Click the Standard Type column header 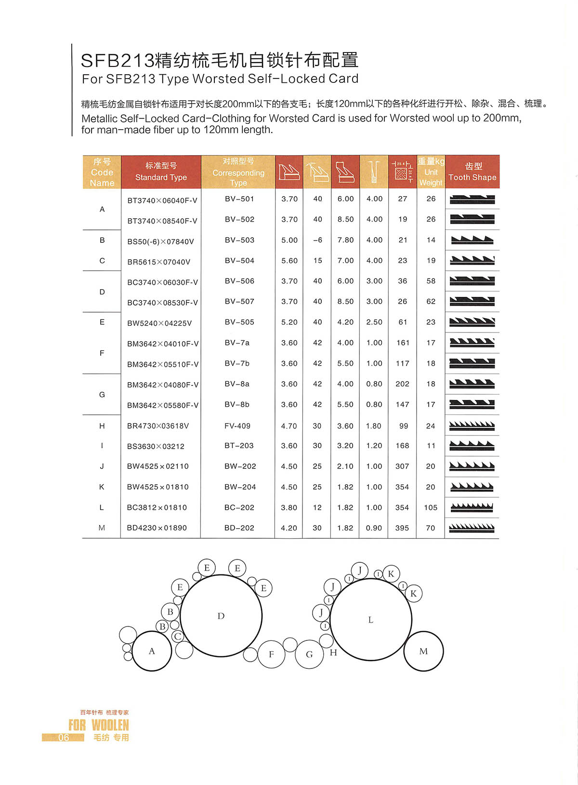[x=161, y=172]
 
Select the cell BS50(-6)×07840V [x=160, y=241]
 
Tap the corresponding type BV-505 [x=239, y=322]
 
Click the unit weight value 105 [x=431, y=507]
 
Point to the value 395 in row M [x=402, y=528]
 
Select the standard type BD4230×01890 [x=157, y=528]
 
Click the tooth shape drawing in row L [x=472, y=507]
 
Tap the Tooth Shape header [x=473, y=172]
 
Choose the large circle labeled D [x=221, y=615]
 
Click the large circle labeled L [x=370, y=619]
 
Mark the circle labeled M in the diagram [x=423, y=651]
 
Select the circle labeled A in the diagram [x=152, y=651]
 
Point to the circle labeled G [x=309, y=654]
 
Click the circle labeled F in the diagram [x=271, y=654]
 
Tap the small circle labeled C [x=178, y=636]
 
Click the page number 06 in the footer [x=64, y=737]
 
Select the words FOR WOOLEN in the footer [x=99, y=725]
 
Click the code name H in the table [x=102, y=426]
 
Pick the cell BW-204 [x=240, y=487]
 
